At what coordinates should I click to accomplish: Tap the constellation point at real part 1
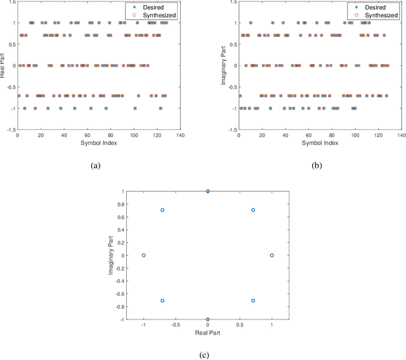click(x=272, y=255)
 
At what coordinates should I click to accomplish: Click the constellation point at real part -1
click(x=143, y=255)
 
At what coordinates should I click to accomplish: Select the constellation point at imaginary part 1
click(x=207, y=191)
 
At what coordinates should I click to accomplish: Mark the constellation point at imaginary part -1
click(x=207, y=319)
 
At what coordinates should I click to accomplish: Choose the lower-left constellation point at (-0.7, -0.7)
click(x=162, y=300)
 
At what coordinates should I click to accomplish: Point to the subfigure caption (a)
click(x=95, y=166)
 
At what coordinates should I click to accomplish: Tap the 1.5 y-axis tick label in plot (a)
click(x=11, y=2)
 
